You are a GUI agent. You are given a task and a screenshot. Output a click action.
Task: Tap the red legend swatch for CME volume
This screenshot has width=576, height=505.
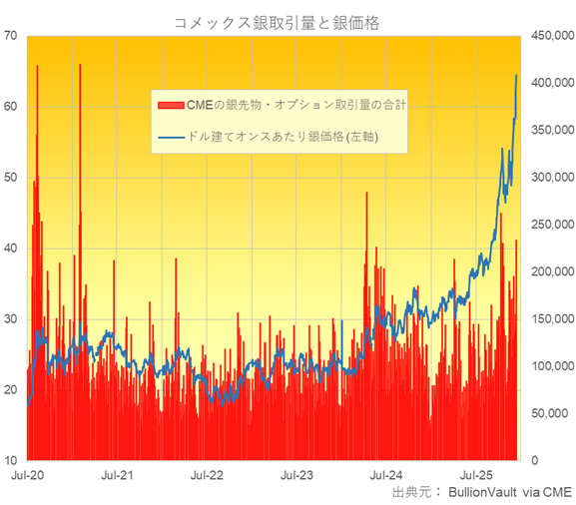tap(166, 104)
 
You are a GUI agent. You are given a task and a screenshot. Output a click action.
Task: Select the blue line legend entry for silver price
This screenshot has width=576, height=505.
tap(166, 135)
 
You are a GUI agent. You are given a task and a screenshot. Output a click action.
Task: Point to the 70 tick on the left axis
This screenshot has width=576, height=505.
tap(11, 35)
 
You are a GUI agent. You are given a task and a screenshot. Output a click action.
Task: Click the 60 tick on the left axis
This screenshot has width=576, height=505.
tap(11, 106)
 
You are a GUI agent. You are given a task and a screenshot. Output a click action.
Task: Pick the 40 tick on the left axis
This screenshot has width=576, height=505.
tap(11, 248)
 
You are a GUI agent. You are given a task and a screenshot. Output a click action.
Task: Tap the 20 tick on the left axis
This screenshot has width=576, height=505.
tap(11, 389)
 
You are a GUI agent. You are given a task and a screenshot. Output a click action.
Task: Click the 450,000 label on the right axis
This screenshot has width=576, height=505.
tap(550, 35)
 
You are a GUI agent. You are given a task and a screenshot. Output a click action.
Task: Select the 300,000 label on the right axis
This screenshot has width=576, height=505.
tap(550, 177)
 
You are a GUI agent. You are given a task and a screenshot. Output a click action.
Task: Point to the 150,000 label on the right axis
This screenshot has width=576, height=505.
tap(550, 318)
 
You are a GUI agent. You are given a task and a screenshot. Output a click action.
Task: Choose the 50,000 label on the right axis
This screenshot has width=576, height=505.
tap(550, 413)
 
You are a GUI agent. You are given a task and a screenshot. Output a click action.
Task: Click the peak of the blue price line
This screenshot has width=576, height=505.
tap(516, 76)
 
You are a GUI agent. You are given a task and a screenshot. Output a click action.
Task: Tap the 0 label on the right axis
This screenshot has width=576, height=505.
tap(535, 460)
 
